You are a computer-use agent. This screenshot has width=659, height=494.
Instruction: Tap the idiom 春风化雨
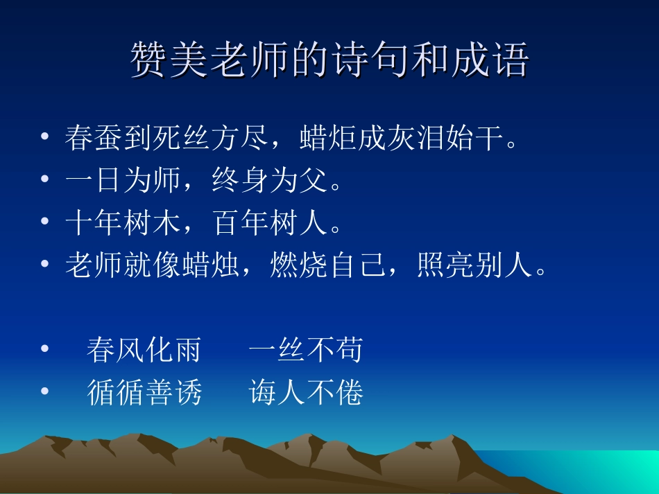click(144, 350)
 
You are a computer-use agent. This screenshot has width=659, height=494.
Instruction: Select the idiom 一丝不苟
click(305, 350)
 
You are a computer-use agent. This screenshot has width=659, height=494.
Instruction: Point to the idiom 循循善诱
click(144, 393)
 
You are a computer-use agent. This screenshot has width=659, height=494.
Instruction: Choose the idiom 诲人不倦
click(306, 393)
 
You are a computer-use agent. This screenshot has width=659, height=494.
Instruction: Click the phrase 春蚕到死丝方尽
click(166, 138)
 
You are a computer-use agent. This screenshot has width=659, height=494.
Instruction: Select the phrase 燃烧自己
click(326, 266)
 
